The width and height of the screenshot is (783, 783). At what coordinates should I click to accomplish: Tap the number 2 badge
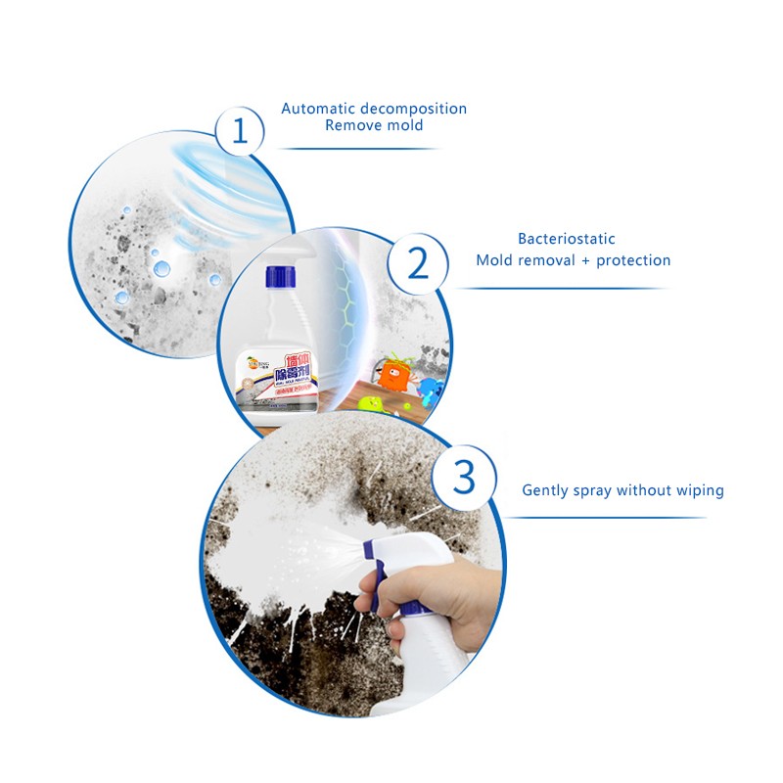(x=418, y=263)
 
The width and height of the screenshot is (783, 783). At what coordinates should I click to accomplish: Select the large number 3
(x=464, y=477)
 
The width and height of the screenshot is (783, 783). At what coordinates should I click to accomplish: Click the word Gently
(x=546, y=490)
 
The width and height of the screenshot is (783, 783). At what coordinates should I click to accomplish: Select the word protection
(x=632, y=260)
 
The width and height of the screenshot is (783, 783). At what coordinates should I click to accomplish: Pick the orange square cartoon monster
(x=394, y=375)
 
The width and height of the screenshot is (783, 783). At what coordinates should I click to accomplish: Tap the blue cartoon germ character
(x=428, y=390)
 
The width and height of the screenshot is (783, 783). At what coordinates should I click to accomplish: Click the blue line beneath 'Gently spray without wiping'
(x=607, y=518)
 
